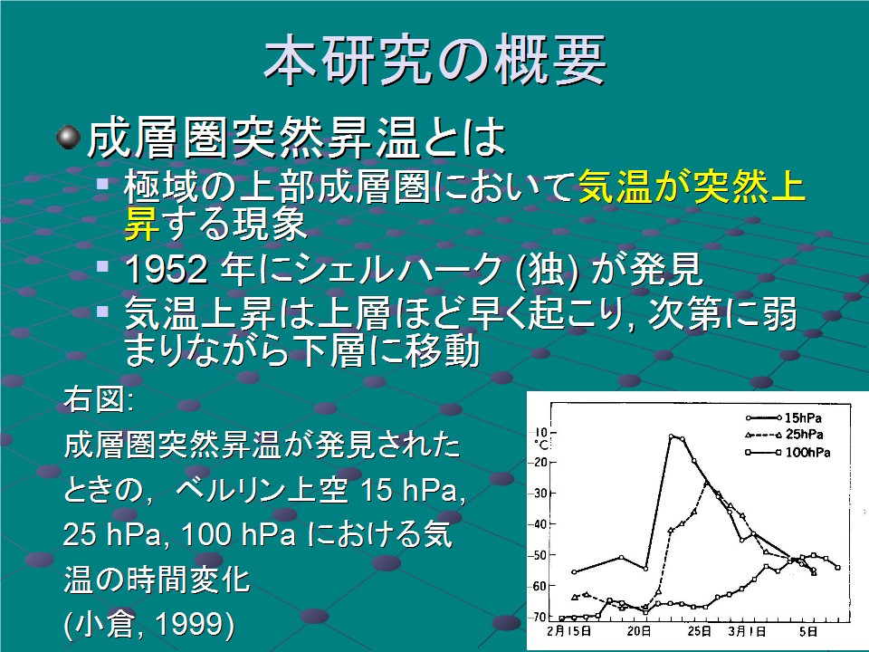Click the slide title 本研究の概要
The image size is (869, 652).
point(435,60)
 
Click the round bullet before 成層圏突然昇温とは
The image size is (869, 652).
point(68,138)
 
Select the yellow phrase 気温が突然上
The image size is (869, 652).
point(692,187)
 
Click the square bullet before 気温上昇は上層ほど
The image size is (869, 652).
point(102,311)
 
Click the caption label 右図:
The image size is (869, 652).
point(99,399)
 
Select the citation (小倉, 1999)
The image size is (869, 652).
point(149,624)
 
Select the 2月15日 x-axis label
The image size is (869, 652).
point(568,631)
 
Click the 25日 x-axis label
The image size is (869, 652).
point(700,631)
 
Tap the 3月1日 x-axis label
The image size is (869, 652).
point(747,631)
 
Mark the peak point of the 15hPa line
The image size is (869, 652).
point(671,436)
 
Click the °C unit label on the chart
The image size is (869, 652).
point(540,445)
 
